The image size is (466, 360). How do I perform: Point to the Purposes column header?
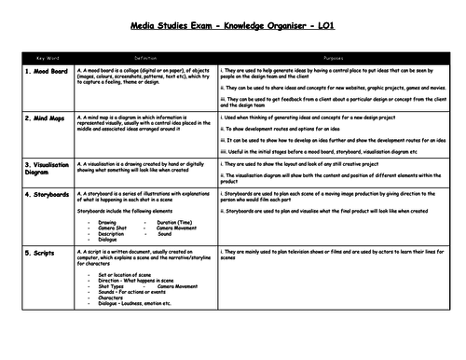[336, 57]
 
